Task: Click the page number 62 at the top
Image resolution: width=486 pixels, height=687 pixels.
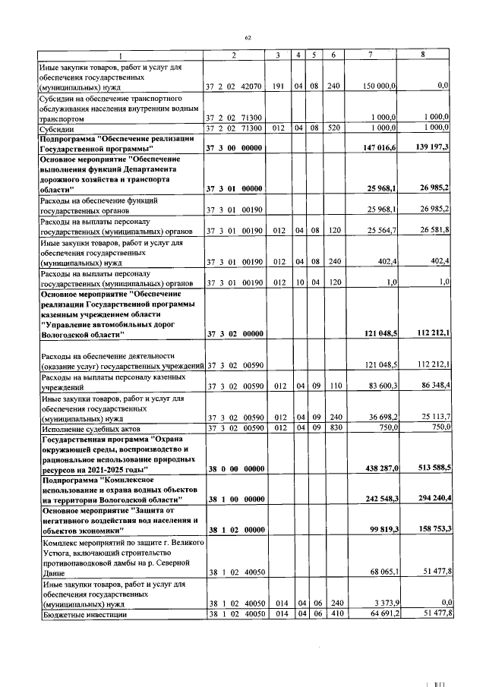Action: pyautogui.click(x=248, y=37)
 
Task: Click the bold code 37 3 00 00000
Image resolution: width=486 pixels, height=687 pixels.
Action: pyautogui.click(x=234, y=147)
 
